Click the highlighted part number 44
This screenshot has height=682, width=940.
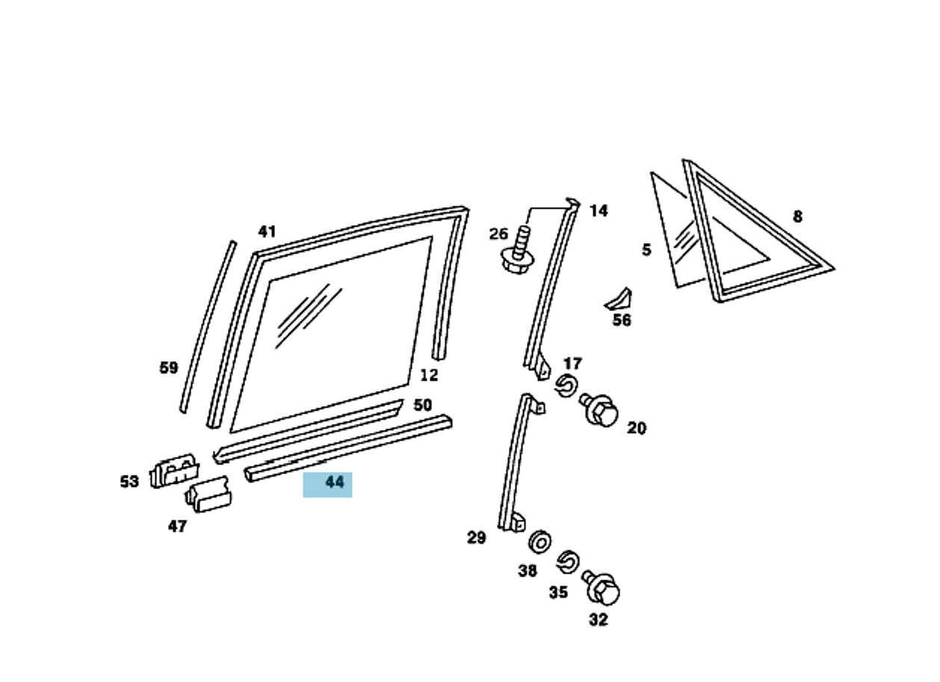[x=334, y=483]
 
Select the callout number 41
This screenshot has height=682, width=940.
[x=267, y=232]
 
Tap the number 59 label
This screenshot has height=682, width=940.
[x=169, y=368]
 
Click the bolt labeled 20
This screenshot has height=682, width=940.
[x=602, y=410]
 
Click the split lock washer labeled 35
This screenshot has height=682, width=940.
[x=568, y=561]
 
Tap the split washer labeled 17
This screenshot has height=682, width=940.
[x=566, y=387]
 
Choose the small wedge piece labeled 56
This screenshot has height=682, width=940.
[x=619, y=299]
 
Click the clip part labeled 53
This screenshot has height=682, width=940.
[x=174, y=471]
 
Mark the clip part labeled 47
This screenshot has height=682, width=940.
[x=208, y=495]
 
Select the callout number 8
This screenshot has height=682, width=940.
[x=797, y=217]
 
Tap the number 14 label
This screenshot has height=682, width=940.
[x=599, y=211]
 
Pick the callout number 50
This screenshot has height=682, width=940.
[x=422, y=405]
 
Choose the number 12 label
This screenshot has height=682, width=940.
[x=429, y=375]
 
